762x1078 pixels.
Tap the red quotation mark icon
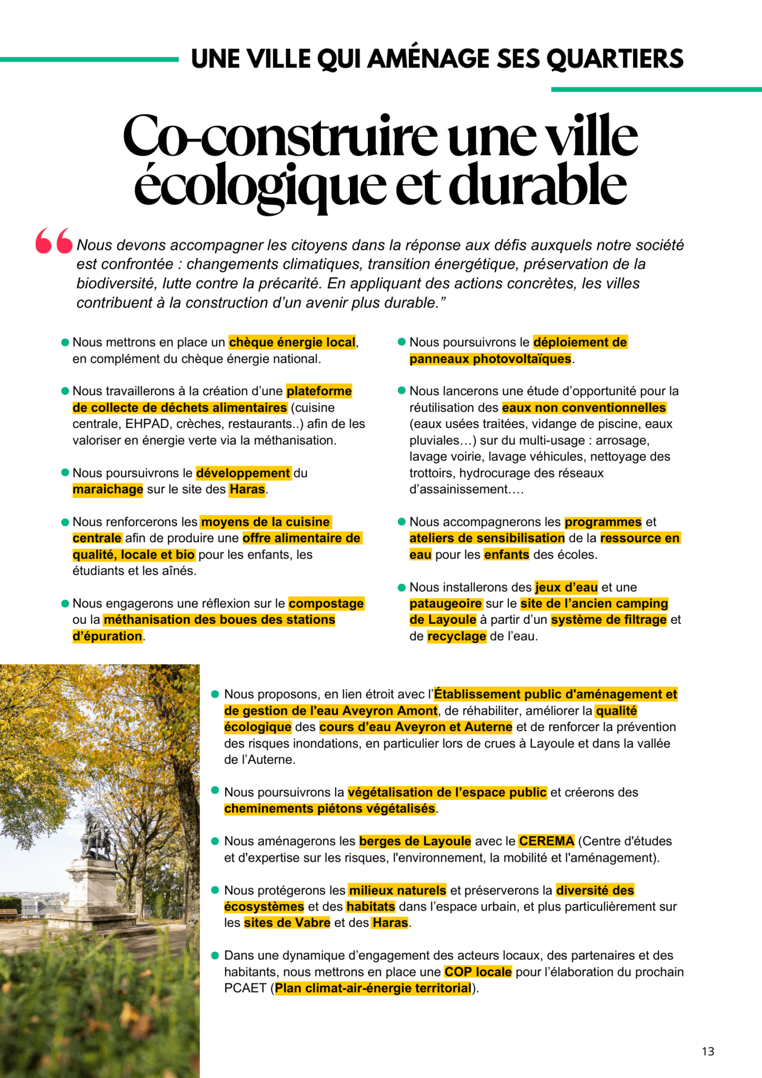54,241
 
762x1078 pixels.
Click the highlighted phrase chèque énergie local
292,343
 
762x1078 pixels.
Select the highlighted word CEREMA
546,841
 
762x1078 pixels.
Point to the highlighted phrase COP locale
478,972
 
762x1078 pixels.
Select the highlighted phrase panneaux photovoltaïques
490,359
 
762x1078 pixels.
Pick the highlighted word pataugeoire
445,604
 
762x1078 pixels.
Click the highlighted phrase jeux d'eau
566,587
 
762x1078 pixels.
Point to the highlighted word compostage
326,604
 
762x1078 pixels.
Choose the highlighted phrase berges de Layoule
415,841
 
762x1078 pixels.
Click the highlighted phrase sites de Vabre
287,923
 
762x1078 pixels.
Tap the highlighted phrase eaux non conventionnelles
584,408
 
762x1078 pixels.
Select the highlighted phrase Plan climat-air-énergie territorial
373,988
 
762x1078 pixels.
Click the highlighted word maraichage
107,490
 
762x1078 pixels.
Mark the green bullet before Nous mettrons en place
65,343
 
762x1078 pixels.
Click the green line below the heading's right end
656,89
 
